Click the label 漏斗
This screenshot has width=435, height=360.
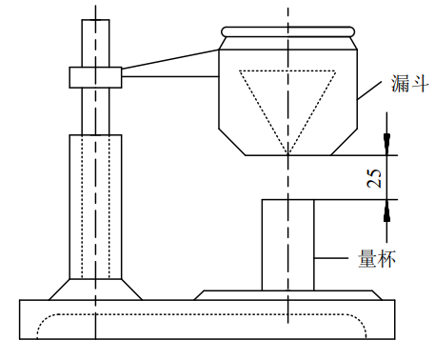click(x=410, y=84)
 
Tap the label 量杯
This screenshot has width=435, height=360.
click(x=377, y=259)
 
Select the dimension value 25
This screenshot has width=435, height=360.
click(x=374, y=178)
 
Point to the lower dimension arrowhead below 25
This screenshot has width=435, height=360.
click(x=386, y=210)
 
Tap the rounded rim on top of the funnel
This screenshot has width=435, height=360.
click(x=287, y=31)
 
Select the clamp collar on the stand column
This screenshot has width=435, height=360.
click(x=95, y=77)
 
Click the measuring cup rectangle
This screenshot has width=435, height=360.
click(x=262, y=245)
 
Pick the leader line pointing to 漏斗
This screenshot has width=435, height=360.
click(x=369, y=90)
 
